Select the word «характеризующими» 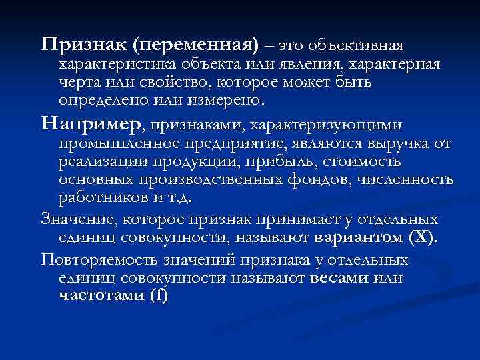pos(327,124)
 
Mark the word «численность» pos(405,180)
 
